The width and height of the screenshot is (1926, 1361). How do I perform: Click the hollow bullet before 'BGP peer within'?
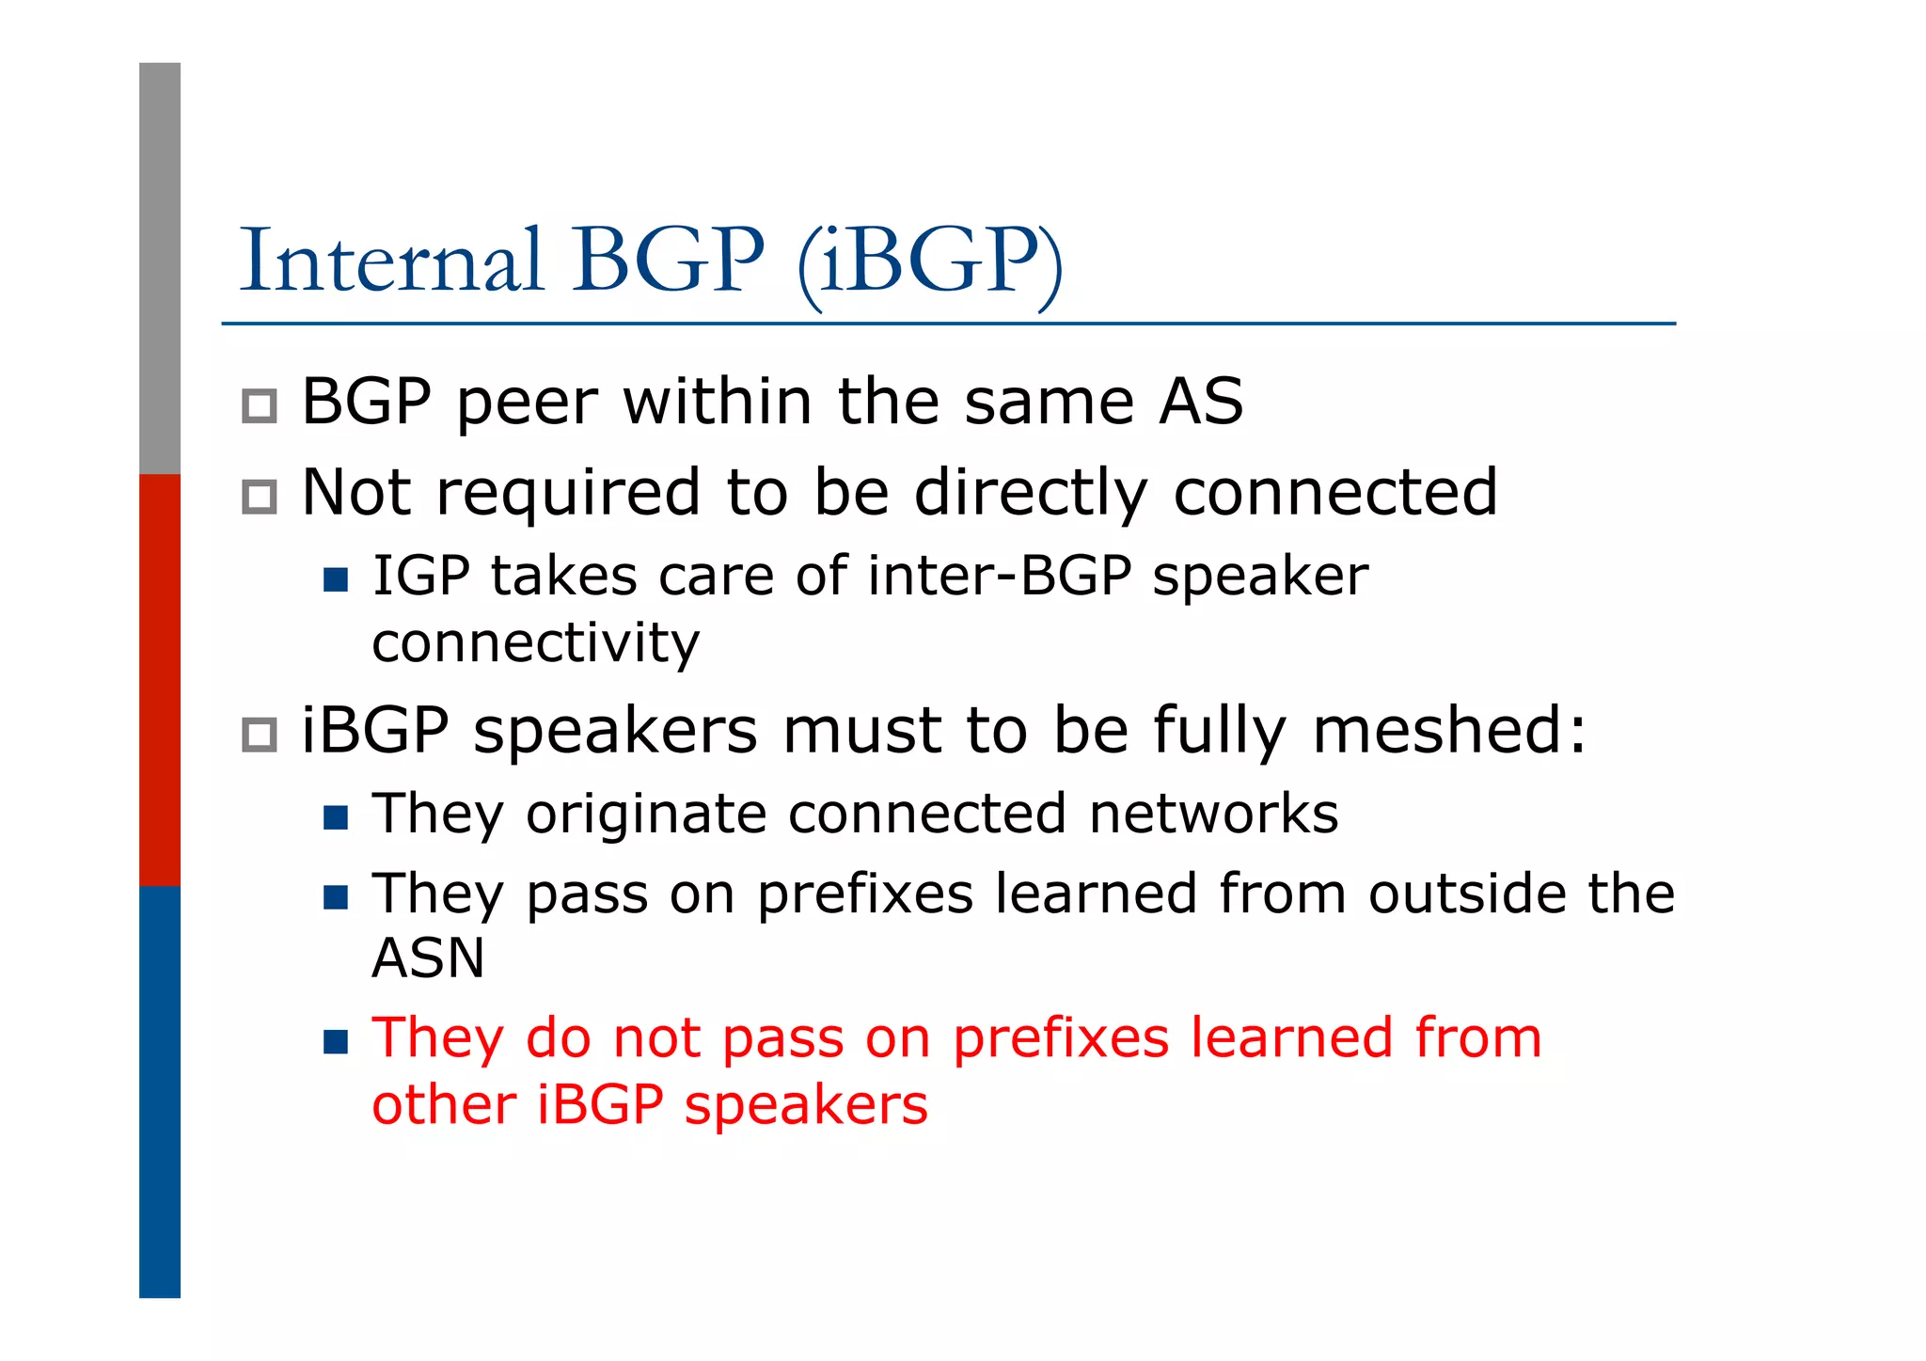(x=260, y=406)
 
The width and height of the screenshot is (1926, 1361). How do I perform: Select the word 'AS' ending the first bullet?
(x=1201, y=402)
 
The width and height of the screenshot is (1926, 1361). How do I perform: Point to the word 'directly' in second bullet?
(x=1031, y=493)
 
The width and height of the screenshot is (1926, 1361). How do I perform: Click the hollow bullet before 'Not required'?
(x=260, y=497)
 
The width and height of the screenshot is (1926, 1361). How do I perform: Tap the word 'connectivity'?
(x=535, y=643)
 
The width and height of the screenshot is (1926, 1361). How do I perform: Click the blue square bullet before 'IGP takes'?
(x=336, y=578)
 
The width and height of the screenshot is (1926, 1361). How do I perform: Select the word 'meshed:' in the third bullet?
(x=1448, y=730)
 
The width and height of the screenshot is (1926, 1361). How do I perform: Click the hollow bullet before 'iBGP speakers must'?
(x=260, y=735)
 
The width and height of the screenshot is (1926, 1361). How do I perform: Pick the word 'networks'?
(x=1213, y=814)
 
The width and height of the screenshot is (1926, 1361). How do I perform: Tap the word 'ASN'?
(x=429, y=958)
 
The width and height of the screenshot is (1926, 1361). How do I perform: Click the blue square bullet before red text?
(x=336, y=1041)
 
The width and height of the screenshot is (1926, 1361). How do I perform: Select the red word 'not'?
(x=656, y=1038)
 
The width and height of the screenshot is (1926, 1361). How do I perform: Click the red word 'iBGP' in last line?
(x=600, y=1104)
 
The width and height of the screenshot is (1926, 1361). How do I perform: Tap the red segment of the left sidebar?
(x=160, y=679)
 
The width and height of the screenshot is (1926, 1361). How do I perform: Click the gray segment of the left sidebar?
(x=160, y=268)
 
